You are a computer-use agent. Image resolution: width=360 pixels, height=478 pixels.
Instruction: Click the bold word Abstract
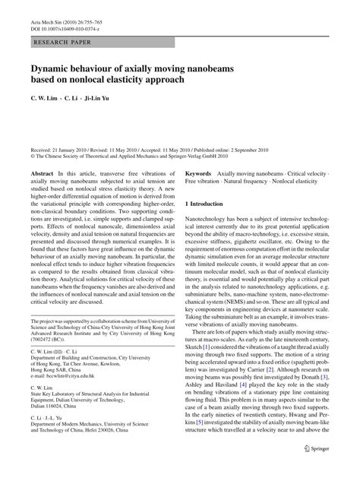pos(43,174)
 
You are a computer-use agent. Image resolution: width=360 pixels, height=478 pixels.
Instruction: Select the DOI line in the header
pos(71,15)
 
